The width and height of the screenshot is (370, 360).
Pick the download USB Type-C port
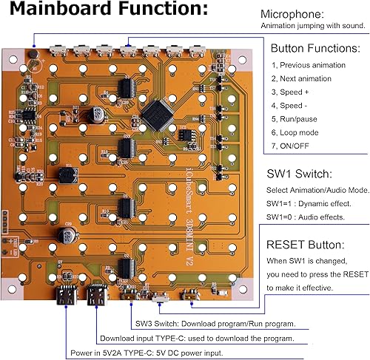pyautogui.click(x=96, y=298)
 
